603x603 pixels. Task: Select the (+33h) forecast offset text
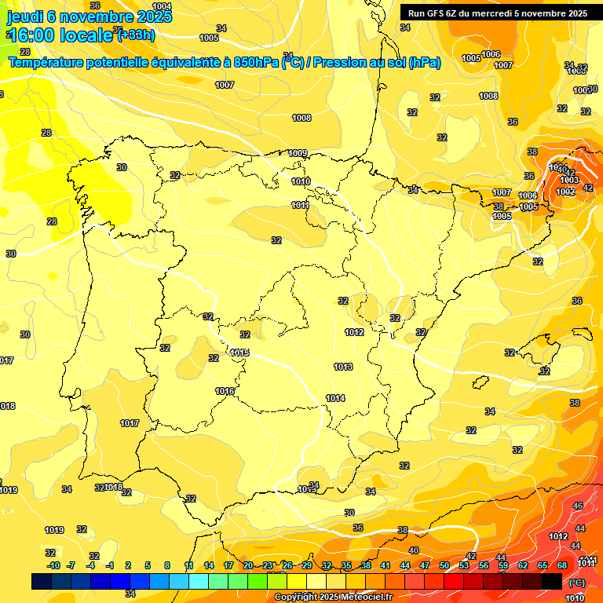click(x=136, y=35)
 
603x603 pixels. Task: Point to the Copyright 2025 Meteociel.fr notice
click(x=332, y=597)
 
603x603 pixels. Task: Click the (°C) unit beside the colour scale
click(x=577, y=583)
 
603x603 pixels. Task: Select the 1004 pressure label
click(x=162, y=6)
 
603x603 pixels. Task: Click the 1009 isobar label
click(x=298, y=153)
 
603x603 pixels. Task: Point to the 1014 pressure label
click(x=335, y=398)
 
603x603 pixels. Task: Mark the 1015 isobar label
click(x=239, y=353)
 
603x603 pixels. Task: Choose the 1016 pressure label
click(x=225, y=391)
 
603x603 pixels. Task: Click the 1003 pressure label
click(x=569, y=181)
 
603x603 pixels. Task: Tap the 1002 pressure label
click(x=565, y=192)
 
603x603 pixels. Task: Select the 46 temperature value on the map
click(x=578, y=506)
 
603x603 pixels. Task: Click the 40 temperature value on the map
click(x=413, y=550)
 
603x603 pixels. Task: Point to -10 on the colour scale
click(x=53, y=565)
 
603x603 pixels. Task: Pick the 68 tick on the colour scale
click(x=562, y=565)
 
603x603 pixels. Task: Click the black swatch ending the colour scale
click(x=552, y=581)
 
